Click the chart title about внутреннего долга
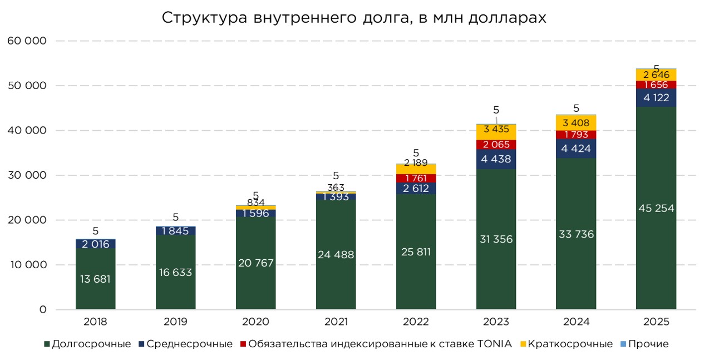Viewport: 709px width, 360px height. [354, 18]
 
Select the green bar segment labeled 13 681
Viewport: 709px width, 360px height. [95, 279]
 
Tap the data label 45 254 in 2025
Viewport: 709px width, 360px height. [656, 208]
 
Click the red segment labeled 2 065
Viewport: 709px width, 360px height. [496, 145]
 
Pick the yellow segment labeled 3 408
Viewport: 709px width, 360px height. [576, 123]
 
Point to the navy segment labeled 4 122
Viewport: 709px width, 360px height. [656, 97]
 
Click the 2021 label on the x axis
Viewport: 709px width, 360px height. [336, 322]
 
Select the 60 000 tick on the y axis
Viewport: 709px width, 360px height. [27, 41]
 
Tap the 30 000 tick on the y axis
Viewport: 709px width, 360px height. [27, 175]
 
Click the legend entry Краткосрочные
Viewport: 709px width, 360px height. [570, 344]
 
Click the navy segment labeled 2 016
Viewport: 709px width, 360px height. [95, 244]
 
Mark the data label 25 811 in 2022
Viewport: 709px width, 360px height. [416, 251]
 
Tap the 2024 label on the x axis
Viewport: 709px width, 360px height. [576, 322]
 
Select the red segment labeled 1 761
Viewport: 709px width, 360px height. [416, 178]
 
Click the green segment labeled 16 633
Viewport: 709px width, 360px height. [175, 272]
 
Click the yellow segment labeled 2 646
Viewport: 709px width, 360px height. [656, 75]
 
